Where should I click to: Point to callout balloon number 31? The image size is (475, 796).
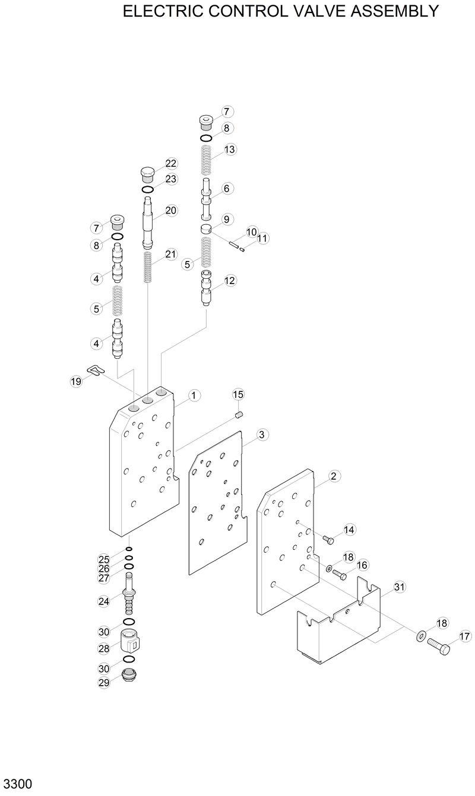(399, 587)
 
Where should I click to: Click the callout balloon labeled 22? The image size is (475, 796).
(171, 163)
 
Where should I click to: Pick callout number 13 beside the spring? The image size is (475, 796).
(230, 149)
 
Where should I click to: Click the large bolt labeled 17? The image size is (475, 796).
(439, 645)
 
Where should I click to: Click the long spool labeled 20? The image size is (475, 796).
(148, 222)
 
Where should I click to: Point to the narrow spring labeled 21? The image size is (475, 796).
(149, 267)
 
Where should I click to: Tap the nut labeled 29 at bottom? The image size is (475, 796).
(127, 676)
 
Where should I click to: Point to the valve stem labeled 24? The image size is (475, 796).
(128, 600)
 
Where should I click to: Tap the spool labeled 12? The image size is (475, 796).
(207, 287)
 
